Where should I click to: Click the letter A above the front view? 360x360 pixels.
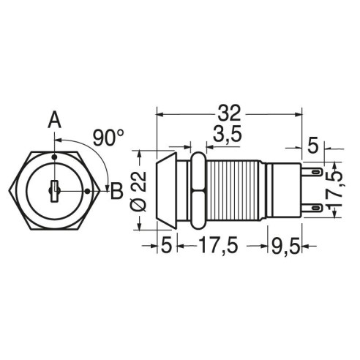pos(54,120)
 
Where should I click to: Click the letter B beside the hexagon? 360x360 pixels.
pos(116,191)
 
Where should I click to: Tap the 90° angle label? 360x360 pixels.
pos(108,138)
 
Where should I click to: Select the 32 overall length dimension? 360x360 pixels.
pos(229,113)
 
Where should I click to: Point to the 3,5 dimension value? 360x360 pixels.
pos(228,134)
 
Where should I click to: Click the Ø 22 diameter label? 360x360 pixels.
pos(140,191)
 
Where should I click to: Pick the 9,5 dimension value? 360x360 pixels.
pos(285,247)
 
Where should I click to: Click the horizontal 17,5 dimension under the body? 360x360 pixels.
pos(218,245)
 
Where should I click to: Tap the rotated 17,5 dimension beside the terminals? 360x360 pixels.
pos(337,190)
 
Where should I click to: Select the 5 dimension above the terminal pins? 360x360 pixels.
pos(313,146)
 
